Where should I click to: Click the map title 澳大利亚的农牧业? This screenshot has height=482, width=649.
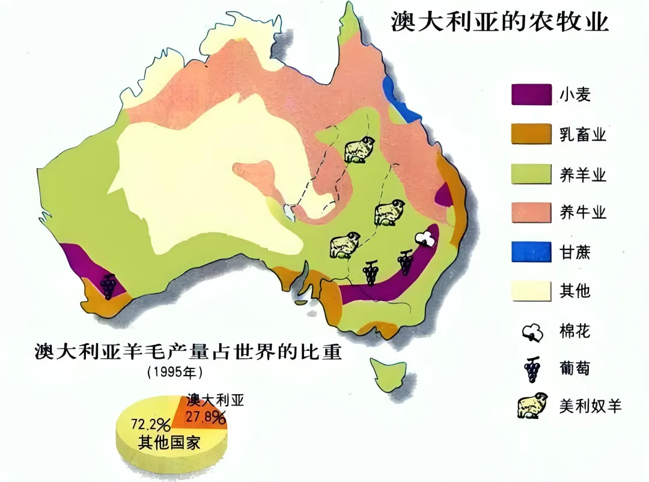click(500, 22)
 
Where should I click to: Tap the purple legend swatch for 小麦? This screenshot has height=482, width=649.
click(531, 95)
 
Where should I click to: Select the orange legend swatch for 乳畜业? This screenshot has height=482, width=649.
click(531, 134)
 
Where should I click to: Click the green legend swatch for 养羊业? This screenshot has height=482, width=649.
click(531, 174)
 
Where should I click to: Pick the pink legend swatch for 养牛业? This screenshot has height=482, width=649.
click(531, 212)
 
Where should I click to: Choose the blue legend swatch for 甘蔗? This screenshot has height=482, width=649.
click(531, 251)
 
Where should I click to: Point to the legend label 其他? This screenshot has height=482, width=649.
click(575, 291)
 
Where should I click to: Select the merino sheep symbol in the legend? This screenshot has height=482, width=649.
click(531, 406)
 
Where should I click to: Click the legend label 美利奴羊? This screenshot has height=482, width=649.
click(590, 406)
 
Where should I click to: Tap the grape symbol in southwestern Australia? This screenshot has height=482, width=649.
click(108, 285)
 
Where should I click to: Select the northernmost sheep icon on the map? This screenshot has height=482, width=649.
click(359, 149)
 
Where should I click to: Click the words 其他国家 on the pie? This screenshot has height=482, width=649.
click(169, 444)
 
